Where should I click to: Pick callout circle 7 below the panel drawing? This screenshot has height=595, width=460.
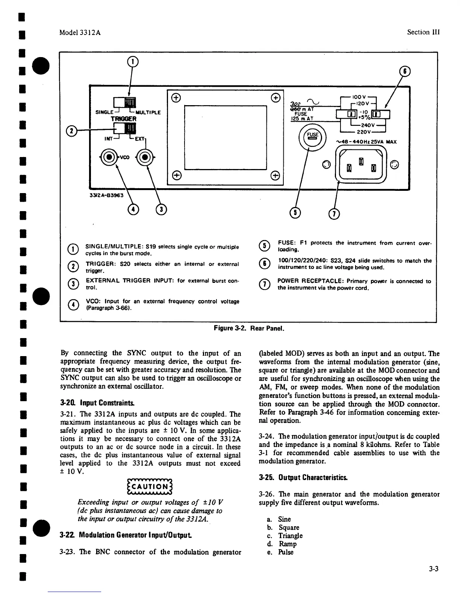pos(334,214)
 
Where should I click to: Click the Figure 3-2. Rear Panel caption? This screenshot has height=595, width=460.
pos(249,328)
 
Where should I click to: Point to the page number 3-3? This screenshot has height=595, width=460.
pos(434,569)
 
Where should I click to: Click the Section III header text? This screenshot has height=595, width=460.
pos(423,32)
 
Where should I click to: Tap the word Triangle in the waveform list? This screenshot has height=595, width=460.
pos(290,536)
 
